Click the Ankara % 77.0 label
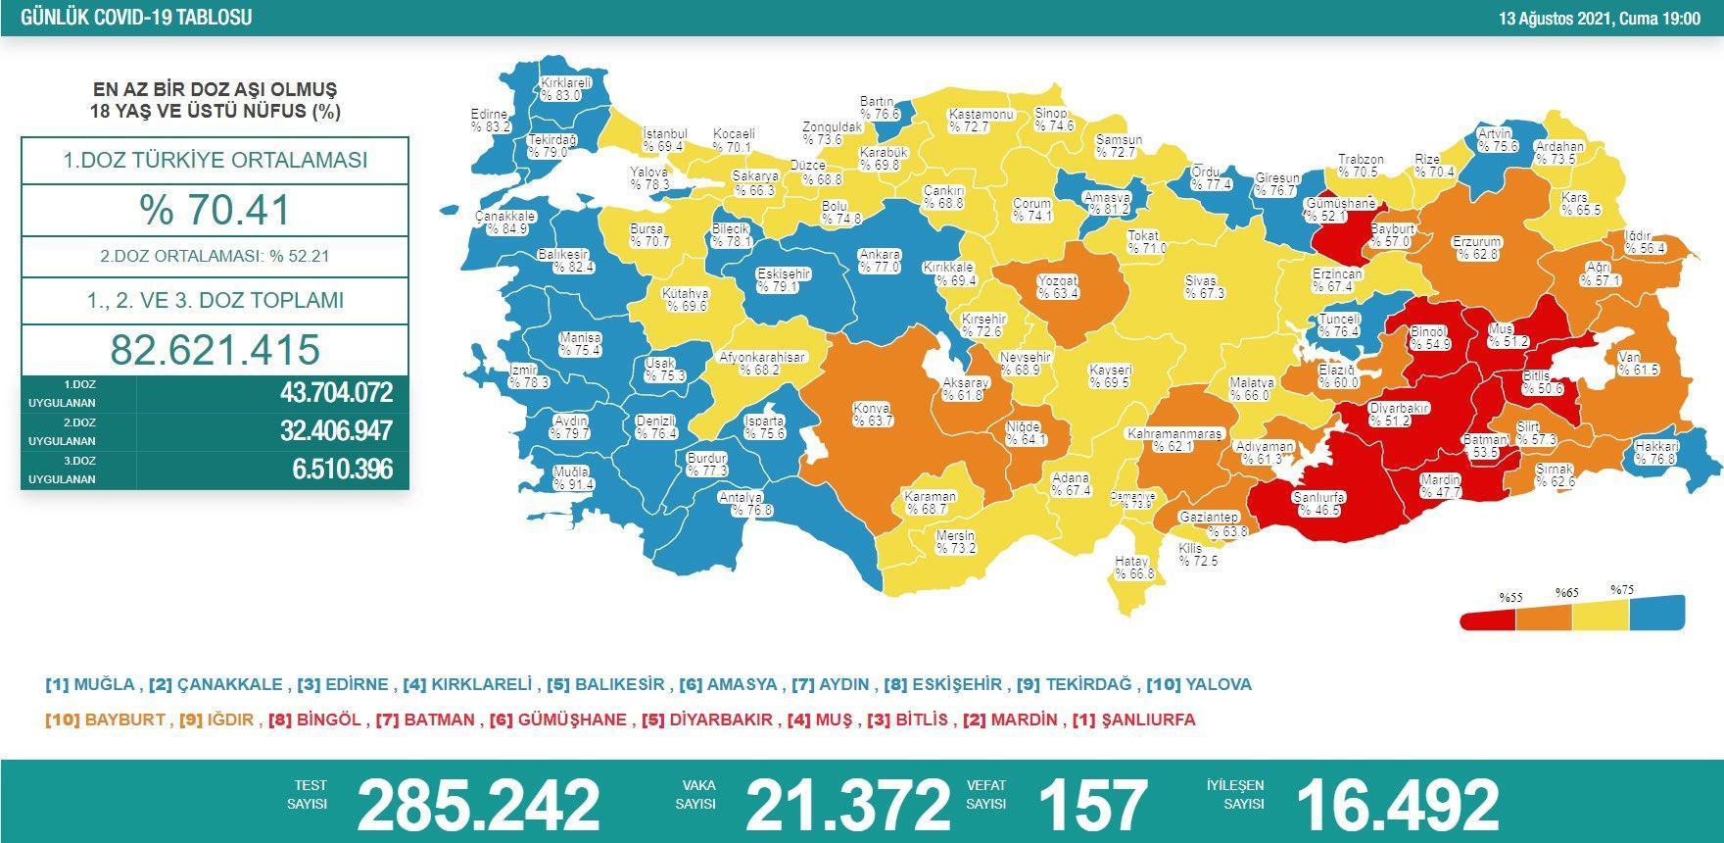pos(879,261)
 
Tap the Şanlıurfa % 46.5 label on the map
pos(1317,504)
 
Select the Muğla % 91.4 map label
pos(572,478)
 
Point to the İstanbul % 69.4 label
pos(664,140)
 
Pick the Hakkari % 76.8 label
pos(1656,453)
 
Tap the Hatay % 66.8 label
pos(1133,568)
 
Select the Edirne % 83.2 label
pos(490,121)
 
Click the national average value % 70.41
pos(215,210)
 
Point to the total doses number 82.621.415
pos(215,350)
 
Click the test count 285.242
pos(478,804)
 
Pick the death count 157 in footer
pos(1092,804)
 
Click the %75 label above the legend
pos(1622,590)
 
